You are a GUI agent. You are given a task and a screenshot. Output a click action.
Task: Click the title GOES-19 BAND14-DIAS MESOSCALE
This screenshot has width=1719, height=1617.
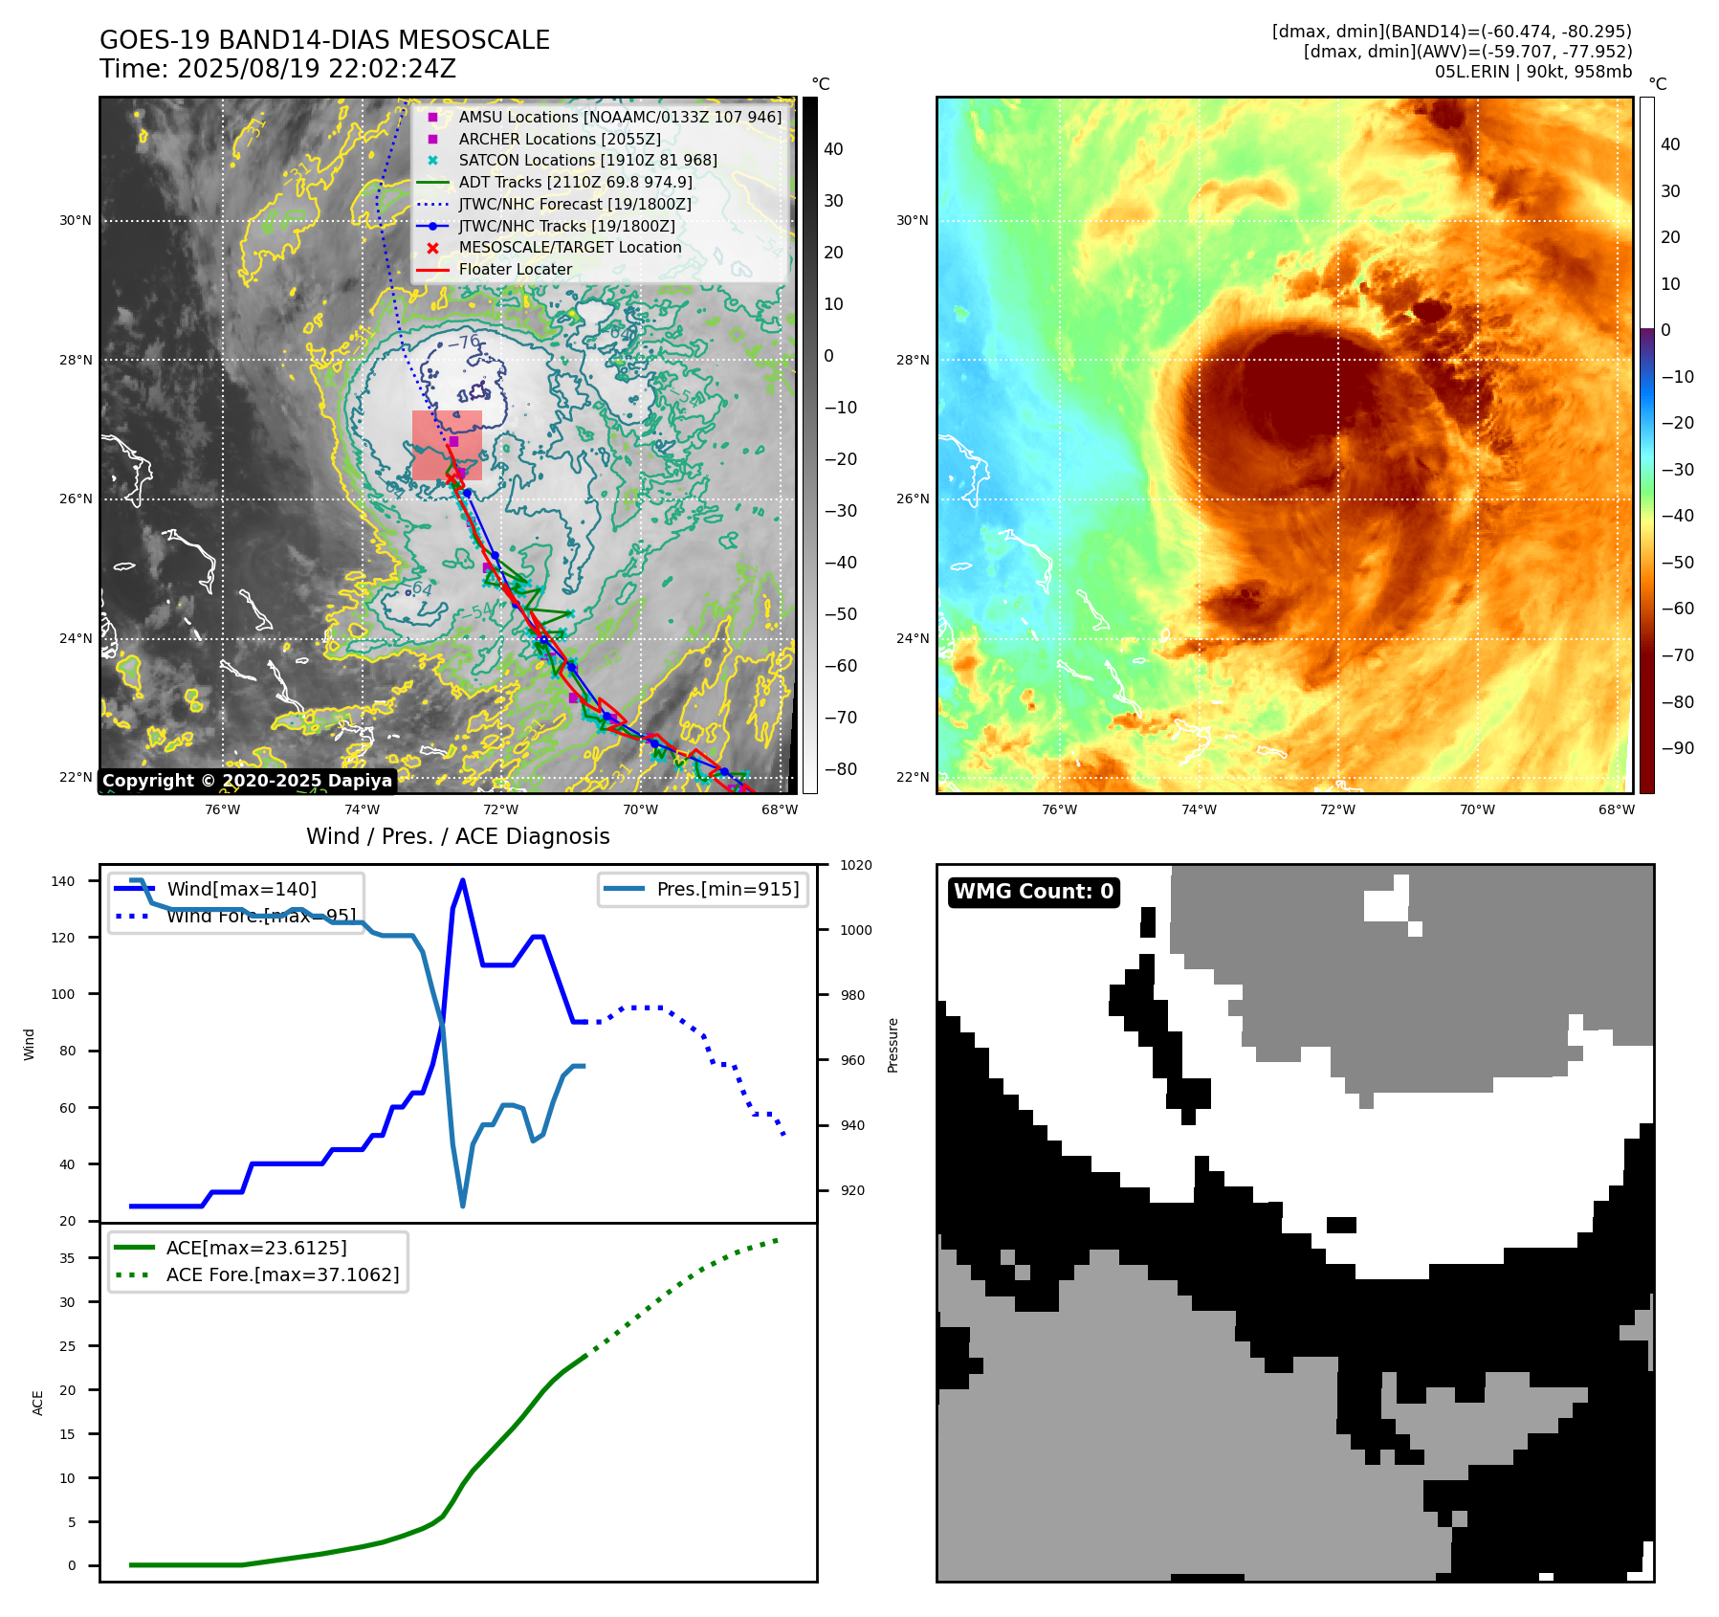pos(324,40)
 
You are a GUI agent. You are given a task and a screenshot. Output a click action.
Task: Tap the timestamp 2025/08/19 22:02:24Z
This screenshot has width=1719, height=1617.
pos(316,69)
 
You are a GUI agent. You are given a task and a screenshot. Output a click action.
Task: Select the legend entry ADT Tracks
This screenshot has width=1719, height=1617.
pos(575,182)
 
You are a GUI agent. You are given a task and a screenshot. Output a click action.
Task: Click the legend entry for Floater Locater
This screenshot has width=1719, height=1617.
pos(515,269)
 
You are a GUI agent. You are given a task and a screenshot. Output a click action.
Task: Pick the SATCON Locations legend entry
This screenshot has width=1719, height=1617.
pos(587,160)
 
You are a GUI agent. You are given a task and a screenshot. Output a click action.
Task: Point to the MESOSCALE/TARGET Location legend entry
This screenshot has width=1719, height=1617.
pos(569,247)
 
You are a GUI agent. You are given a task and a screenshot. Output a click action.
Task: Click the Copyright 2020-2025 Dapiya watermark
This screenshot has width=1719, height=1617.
pos(247,781)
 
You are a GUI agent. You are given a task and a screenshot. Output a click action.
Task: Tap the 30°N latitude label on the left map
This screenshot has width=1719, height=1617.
pos(76,220)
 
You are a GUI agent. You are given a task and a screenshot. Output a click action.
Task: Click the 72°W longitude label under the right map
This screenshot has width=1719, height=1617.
pos(1337,809)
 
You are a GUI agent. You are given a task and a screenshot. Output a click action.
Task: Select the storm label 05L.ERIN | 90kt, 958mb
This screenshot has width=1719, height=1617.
pos(1532,72)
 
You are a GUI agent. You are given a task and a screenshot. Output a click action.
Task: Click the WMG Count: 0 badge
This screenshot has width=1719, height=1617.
pos(1033,892)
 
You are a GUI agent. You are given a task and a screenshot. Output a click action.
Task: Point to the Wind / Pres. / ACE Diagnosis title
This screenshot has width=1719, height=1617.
pos(457,836)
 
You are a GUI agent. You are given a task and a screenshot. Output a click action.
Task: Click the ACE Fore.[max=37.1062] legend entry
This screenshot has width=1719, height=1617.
pos(282,1274)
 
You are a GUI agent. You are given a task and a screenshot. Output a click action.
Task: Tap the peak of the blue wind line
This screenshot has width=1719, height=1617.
pos(463,880)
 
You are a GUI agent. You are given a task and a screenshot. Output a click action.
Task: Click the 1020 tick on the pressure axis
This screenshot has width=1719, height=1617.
pos(855,865)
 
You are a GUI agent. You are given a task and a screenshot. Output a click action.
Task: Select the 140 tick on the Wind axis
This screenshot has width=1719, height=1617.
pos(63,881)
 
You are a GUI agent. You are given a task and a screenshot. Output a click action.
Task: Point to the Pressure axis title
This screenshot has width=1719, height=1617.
pos(893,1045)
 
